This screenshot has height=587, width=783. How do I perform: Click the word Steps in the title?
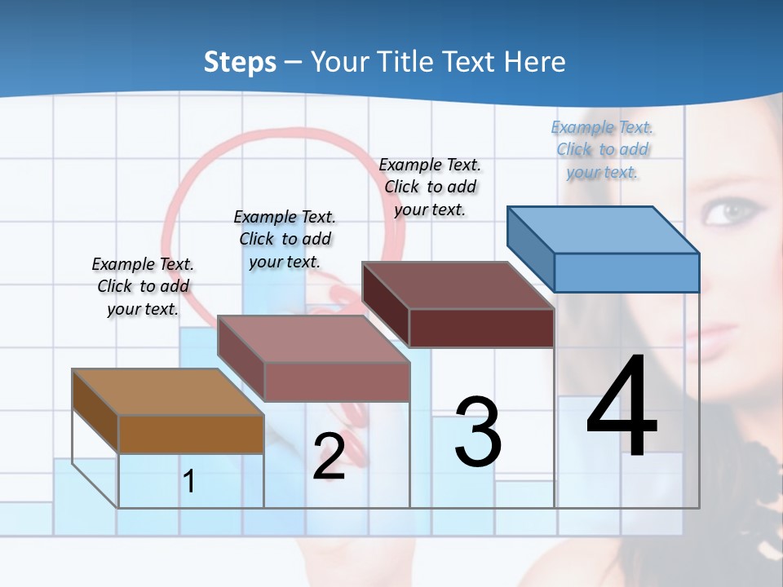tap(240, 62)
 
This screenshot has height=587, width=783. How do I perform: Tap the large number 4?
tap(622, 408)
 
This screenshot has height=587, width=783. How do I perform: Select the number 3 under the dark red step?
tap(478, 432)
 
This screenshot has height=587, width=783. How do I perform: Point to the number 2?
tap(329, 457)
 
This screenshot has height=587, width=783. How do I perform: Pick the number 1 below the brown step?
tap(189, 481)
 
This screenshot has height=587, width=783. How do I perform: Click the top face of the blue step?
tap(604, 229)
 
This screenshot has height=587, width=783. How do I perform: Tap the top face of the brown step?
tap(168, 392)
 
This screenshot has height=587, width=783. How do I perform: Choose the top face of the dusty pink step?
tap(313, 338)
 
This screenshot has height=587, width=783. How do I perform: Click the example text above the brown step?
tap(143, 286)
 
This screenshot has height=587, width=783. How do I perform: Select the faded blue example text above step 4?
tap(603, 149)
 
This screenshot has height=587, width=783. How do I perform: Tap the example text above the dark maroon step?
tap(430, 187)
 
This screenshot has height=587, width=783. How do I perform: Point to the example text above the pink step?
tap(285, 239)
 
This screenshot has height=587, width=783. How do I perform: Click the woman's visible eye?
tap(727, 213)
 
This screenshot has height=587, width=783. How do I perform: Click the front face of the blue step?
tap(626, 272)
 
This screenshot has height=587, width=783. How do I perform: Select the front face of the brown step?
tap(191, 434)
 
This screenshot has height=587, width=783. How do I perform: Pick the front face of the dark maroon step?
tap(481, 329)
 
